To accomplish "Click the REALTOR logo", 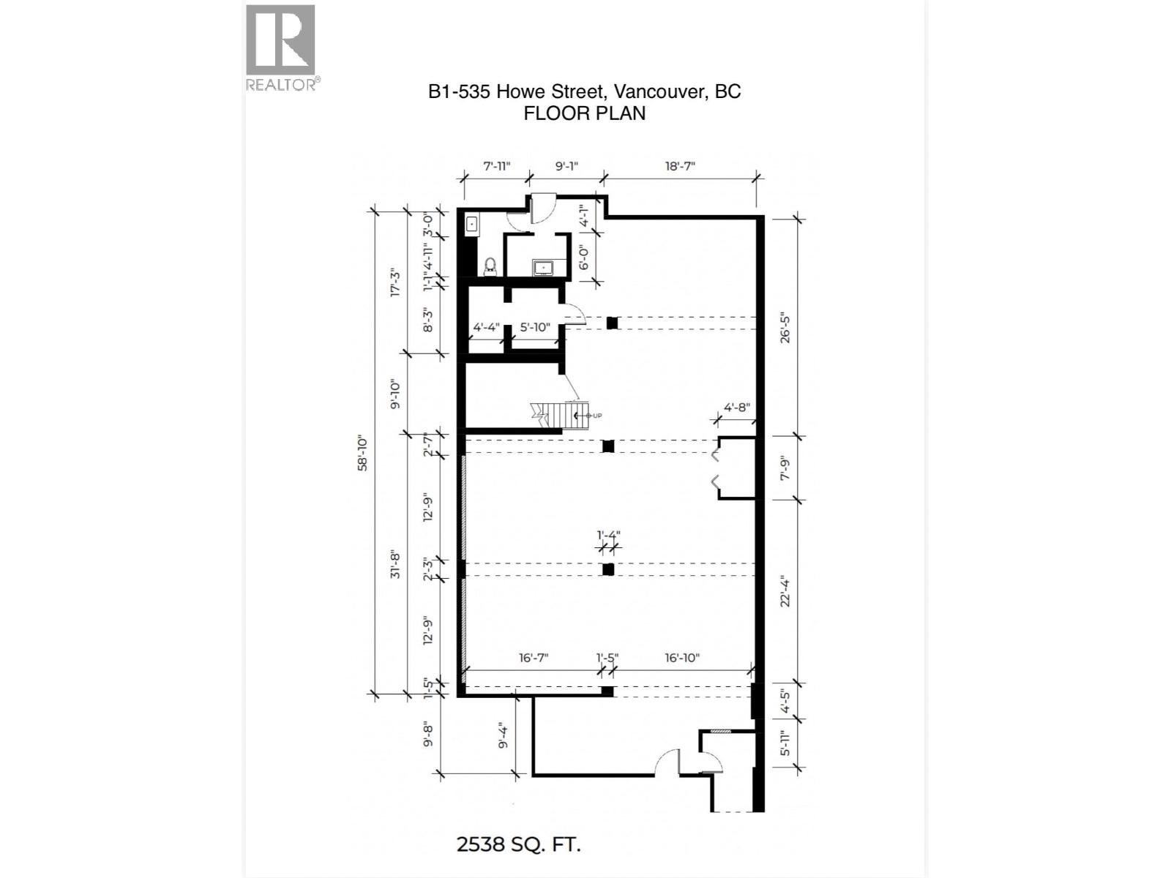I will (281, 48).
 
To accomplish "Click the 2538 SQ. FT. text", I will (518, 844).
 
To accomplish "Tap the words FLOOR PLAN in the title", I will (584, 113).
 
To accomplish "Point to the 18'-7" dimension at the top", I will (679, 166).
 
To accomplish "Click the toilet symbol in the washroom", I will (490, 266).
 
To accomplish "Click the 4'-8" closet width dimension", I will (736, 407).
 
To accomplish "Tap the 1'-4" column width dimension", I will (607, 534).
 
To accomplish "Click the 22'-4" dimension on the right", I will (785, 591).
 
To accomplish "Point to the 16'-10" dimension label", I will (681, 658).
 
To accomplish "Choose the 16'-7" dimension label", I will (533, 658).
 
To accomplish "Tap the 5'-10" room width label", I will (534, 327).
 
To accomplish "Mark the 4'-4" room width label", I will (486, 327).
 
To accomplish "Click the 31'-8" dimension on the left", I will (395, 563).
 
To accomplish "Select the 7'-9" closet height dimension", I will (785, 468).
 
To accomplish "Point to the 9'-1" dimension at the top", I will (566, 166).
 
